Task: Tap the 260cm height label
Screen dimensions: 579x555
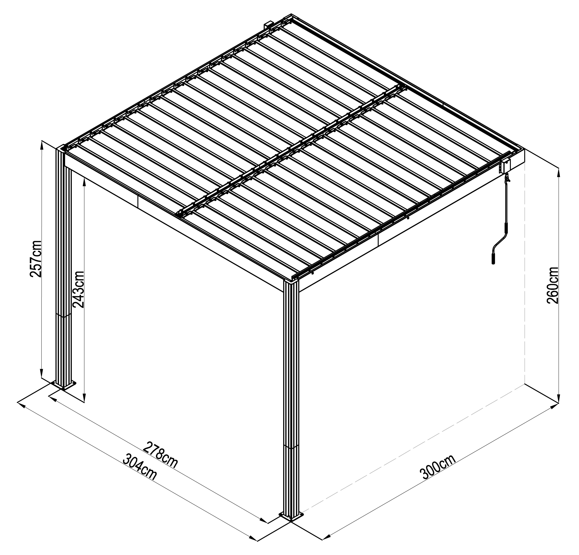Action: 552,285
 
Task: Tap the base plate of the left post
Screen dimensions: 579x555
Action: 64,385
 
